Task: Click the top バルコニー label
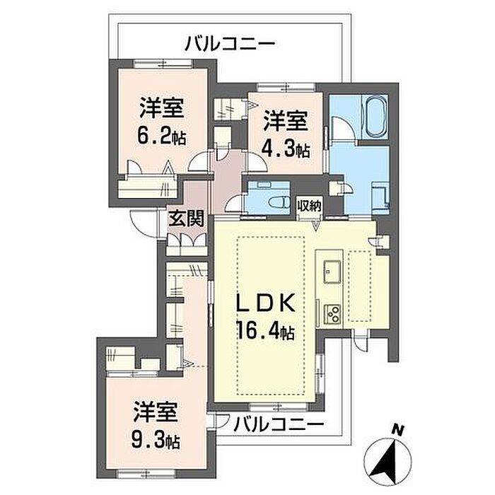[229, 44]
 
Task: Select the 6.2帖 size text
[162, 137]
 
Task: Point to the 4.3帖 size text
[286, 150]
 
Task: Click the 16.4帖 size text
[265, 330]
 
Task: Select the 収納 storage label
[310, 206]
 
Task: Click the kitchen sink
[332, 270]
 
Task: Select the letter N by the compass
[397, 429]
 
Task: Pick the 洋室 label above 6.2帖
[162, 109]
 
